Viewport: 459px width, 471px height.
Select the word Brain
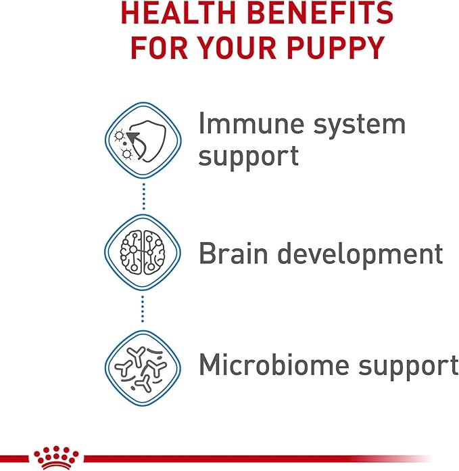point(233,254)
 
